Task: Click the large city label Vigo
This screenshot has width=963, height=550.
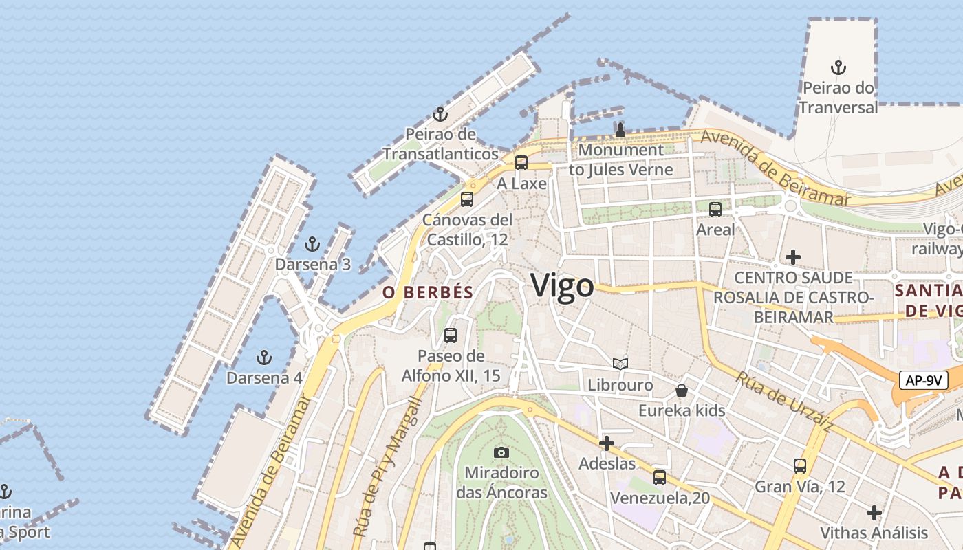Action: point(562,285)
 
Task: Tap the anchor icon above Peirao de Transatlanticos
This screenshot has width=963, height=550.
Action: point(440,114)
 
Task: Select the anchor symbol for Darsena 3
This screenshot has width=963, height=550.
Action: point(312,244)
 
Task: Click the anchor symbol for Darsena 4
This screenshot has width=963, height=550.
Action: point(263,357)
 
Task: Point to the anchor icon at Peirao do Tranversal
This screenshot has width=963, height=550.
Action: point(838,67)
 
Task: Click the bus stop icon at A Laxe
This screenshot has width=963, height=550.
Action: point(521,163)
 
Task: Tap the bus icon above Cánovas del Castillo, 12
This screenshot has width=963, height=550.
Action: point(467,199)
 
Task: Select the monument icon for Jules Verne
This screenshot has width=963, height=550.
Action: point(620,129)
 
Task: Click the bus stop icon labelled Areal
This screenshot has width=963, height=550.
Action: point(715,210)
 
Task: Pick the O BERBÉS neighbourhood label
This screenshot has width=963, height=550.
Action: point(428,292)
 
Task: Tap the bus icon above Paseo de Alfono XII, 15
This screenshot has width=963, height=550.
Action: point(451,335)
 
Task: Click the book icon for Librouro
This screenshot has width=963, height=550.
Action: point(620,364)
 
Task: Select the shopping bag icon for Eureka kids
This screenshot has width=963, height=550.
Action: point(682,390)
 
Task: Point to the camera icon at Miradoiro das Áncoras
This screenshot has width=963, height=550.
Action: point(501,452)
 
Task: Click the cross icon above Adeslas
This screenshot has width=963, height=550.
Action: point(606,443)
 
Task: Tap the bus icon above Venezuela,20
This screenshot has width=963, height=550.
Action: point(660,477)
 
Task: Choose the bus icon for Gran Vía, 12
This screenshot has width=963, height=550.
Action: point(800,466)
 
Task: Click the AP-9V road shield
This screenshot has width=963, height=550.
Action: point(924,380)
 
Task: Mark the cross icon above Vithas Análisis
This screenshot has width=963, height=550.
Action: point(874,513)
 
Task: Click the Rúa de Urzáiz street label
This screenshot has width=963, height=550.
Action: point(784,402)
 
